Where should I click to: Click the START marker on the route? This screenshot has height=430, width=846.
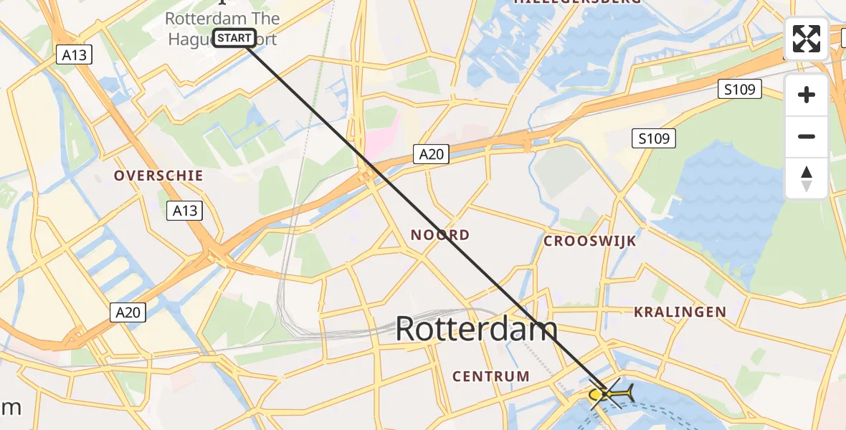234,38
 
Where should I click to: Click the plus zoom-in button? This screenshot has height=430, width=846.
807,95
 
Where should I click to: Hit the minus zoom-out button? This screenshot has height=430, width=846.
807,136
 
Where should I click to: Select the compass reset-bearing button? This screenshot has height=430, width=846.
807,178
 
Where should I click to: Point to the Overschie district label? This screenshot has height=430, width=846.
158,176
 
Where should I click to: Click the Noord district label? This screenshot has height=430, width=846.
440,235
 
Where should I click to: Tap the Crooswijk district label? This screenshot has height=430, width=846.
590,241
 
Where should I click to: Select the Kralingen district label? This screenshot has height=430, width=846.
680,312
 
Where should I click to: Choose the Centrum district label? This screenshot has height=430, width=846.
491,376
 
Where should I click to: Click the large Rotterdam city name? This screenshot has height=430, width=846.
476,330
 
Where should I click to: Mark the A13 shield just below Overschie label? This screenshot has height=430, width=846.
184,211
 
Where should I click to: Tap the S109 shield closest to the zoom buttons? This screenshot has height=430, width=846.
739,90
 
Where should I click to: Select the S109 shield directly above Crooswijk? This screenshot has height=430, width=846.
654,138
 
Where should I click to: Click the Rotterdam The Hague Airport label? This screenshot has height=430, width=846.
222,29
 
